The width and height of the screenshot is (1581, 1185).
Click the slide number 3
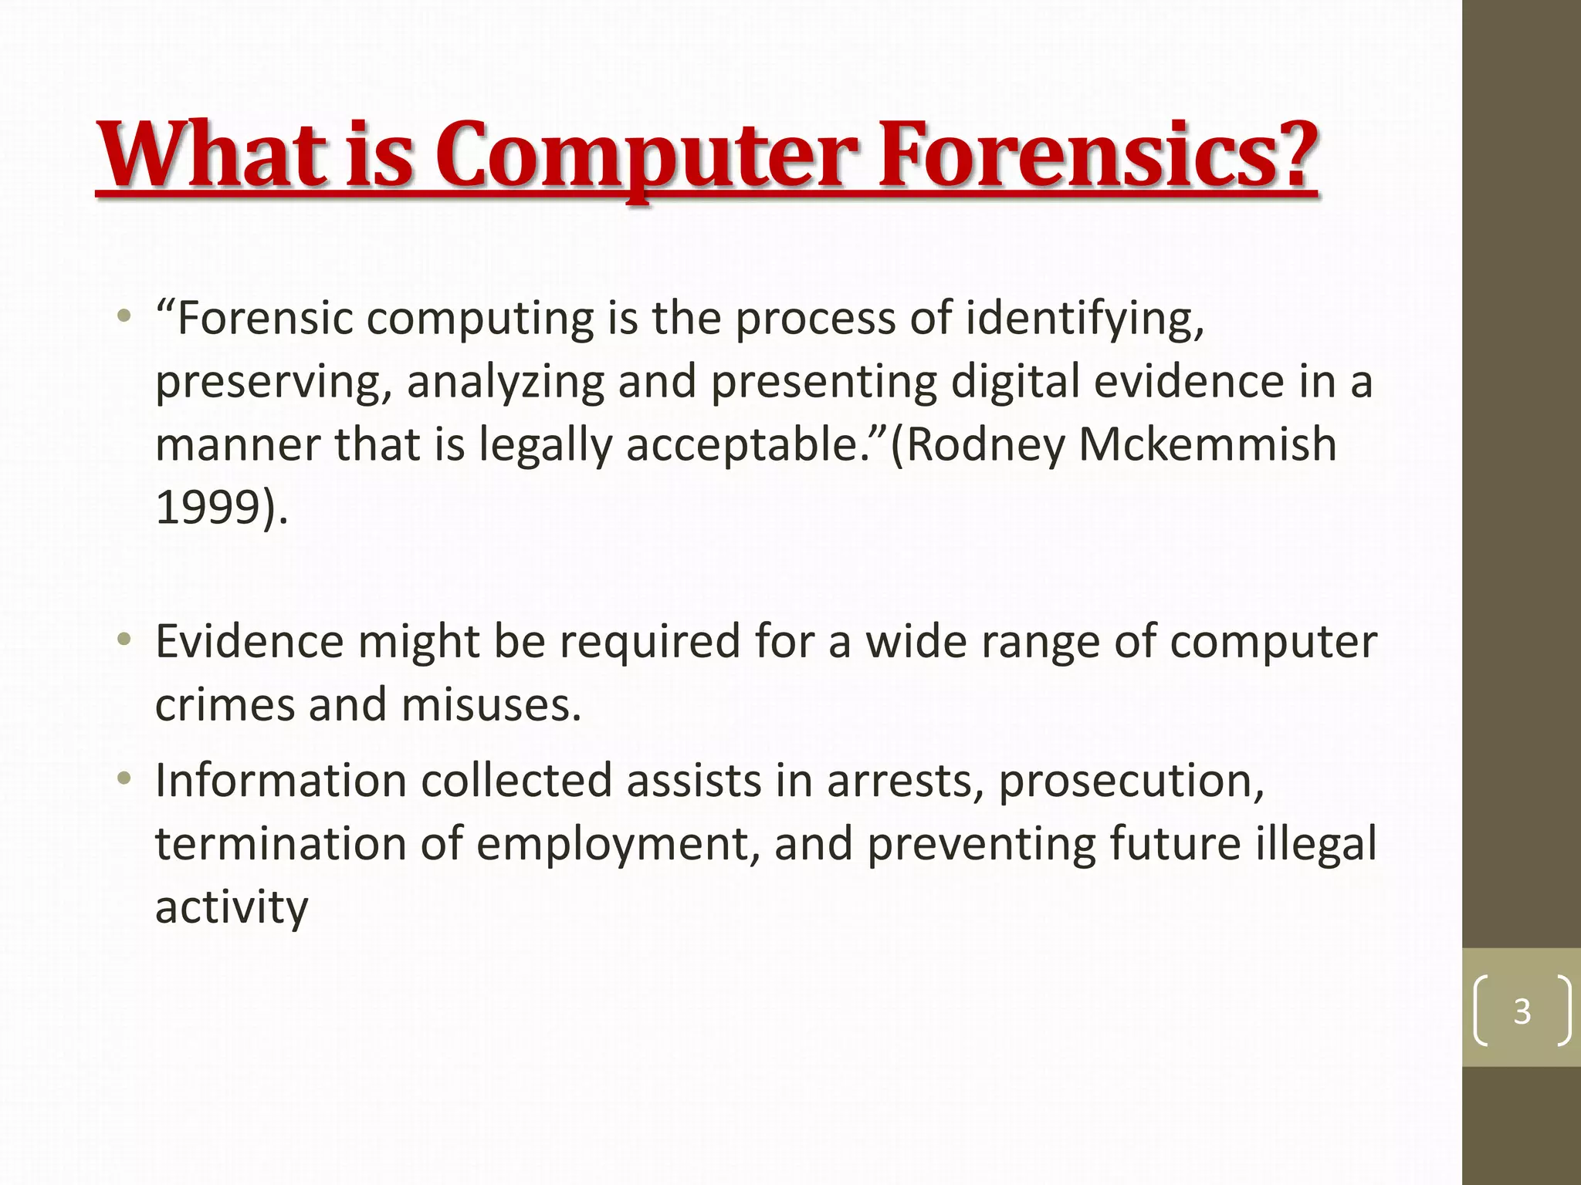click(x=1522, y=1011)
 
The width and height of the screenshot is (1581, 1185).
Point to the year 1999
click(x=208, y=508)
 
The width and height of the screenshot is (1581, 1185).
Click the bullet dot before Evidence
click(x=124, y=640)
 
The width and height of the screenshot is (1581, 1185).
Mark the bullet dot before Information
click(x=124, y=779)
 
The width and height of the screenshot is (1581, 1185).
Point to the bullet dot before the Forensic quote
click(x=124, y=316)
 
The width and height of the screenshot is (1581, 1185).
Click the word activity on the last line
click(x=232, y=907)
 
